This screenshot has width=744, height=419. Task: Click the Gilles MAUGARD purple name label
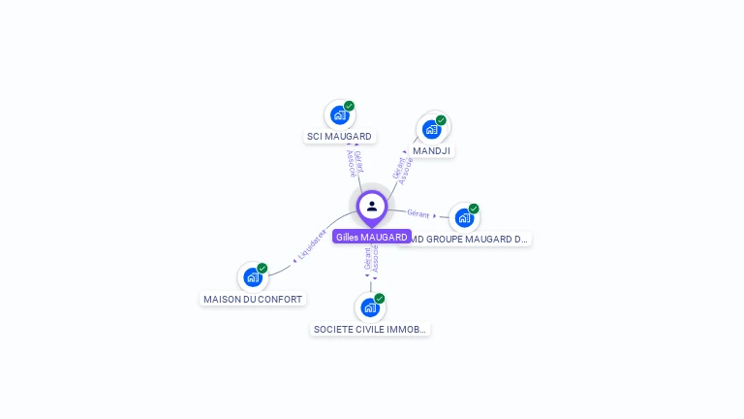click(x=372, y=237)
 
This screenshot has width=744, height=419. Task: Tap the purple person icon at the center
click(x=372, y=206)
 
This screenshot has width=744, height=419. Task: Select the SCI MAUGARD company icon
click(x=339, y=115)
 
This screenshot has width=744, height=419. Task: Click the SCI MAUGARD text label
click(x=339, y=137)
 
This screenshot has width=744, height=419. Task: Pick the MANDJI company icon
click(x=431, y=129)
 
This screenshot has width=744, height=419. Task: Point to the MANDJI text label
click(x=431, y=151)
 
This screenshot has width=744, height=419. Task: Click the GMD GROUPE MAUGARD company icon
click(x=464, y=217)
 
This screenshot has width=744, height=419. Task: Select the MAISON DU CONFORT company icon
click(x=253, y=277)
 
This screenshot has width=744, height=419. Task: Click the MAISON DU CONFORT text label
click(x=253, y=300)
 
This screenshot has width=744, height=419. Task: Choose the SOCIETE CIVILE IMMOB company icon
click(x=370, y=307)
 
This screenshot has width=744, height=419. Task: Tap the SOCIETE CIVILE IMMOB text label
click(x=370, y=330)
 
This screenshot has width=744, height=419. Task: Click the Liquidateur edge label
click(x=312, y=245)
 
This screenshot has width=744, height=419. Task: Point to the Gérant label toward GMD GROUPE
click(x=418, y=213)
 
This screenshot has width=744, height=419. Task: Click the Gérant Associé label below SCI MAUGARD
click(x=355, y=163)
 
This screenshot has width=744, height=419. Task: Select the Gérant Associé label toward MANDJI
click(x=403, y=170)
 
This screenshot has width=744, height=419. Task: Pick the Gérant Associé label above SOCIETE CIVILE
click(x=371, y=259)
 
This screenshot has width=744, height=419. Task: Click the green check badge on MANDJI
click(x=441, y=120)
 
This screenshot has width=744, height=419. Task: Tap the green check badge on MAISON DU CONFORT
click(x=262, y=269)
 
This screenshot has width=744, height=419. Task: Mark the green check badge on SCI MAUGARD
click(x=349, y=107)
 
